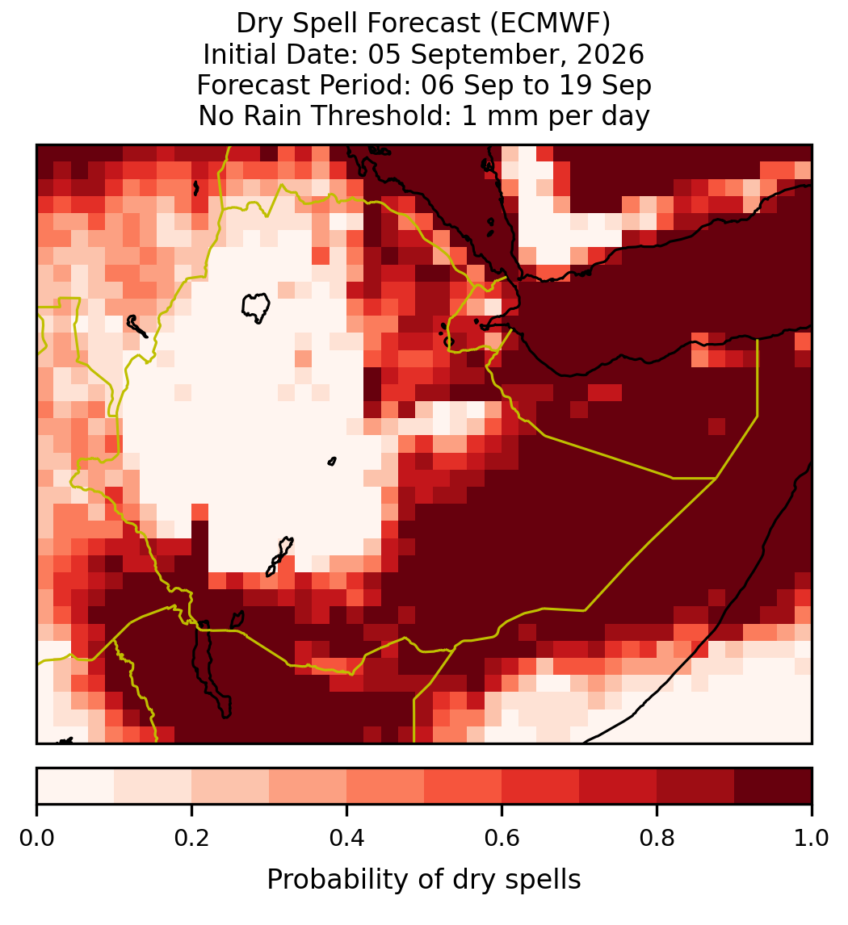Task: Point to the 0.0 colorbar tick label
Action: (x=36, y=838)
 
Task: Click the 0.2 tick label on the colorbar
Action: (x=191, y=838)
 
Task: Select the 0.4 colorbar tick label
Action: (x=347, y=838)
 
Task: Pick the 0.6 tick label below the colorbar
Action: (x=502, y=838)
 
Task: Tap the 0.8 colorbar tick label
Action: (x=657, y=838)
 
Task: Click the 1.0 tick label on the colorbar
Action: (x=812, y=838)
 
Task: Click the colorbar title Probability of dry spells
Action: (x=424, y=880)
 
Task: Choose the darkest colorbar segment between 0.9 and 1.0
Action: (x=773, y=786)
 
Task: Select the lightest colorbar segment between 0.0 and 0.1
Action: (x=76, y=786)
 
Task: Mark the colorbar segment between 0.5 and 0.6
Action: (x=464, y=786)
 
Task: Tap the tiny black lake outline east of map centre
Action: (x=332, y=462)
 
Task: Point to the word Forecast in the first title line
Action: (x=422, y=23)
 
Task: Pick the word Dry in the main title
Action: (x=261, y=23)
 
